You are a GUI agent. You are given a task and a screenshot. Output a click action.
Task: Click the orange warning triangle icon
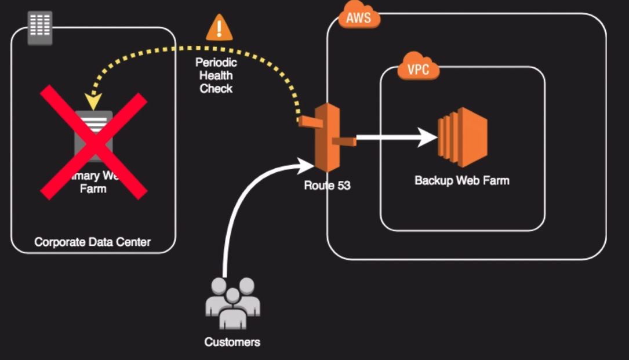pos(219,28)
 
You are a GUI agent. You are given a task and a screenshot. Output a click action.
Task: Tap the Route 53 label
pos(327,186)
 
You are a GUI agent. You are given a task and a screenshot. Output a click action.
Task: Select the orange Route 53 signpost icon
pos(326,137)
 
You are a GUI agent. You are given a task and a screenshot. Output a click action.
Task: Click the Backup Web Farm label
pos(462,180)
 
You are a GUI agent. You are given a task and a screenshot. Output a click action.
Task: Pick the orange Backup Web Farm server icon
pos(462,133)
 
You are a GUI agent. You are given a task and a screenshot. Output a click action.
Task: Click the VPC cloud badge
pos(418,70)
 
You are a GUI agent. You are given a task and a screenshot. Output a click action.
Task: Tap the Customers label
pos(232,342)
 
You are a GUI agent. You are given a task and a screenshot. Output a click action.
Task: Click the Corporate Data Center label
pos(93,242)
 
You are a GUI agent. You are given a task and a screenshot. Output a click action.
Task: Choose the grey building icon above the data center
pos(40,27)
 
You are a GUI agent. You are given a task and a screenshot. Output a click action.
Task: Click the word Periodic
pos(216,63)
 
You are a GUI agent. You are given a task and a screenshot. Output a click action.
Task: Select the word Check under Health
pos(216,88)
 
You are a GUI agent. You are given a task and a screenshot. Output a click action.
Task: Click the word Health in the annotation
pos(216,75)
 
